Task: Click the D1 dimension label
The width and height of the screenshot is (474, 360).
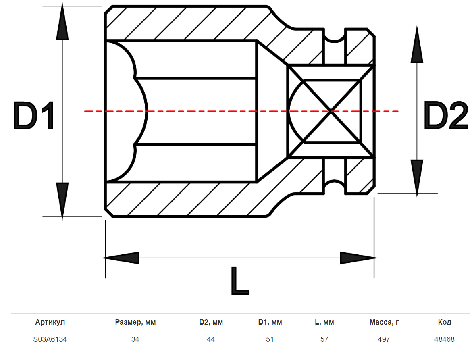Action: pos(34,116)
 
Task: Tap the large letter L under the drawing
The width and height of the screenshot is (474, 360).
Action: pos(240,281)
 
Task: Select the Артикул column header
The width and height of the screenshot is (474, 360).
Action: pos(50,322)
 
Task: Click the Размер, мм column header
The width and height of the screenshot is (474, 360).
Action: pos(135,322)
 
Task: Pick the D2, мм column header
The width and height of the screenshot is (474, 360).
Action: pos(211,322)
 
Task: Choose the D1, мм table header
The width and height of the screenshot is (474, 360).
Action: pos(270,322)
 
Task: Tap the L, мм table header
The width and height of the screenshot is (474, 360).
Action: pos(324,322)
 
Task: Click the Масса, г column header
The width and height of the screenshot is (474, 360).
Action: pos(384,322)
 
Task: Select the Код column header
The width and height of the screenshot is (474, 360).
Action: pos(445,322)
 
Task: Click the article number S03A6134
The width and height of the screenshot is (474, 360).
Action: pos(50,339)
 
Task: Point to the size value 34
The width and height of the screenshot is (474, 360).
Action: pos(135,339)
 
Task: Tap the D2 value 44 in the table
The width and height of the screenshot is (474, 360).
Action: pos(211,339)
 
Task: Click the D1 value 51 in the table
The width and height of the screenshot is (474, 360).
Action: pos(270,339)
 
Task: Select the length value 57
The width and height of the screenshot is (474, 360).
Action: pos(324,339)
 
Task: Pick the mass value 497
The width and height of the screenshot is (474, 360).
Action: pos(384,339)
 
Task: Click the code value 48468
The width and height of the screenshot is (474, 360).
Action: pos(445,339)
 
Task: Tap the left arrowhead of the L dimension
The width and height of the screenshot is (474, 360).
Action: pos(121,258)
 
